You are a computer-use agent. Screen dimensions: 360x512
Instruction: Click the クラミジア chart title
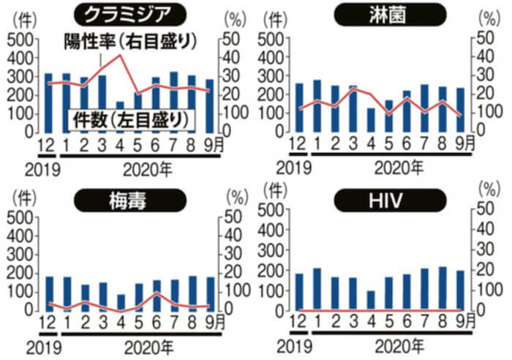pyautogui.click(x=129, y=14)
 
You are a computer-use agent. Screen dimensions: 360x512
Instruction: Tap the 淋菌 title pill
pyautogui.click(x=388, y=14)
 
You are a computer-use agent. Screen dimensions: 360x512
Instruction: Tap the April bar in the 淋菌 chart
pyautogui.click(x=371, y=119)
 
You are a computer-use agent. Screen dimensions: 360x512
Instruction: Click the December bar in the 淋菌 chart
pyautogui.click(x=299, y=107)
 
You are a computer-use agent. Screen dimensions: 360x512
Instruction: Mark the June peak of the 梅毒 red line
pyautogui.click(x=156, y=293)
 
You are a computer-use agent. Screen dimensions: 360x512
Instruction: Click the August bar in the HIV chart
pyautogui.click(x=442, y=288)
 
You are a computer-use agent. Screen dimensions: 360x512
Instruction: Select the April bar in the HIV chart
pyautogui.click(x=371, y=300)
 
